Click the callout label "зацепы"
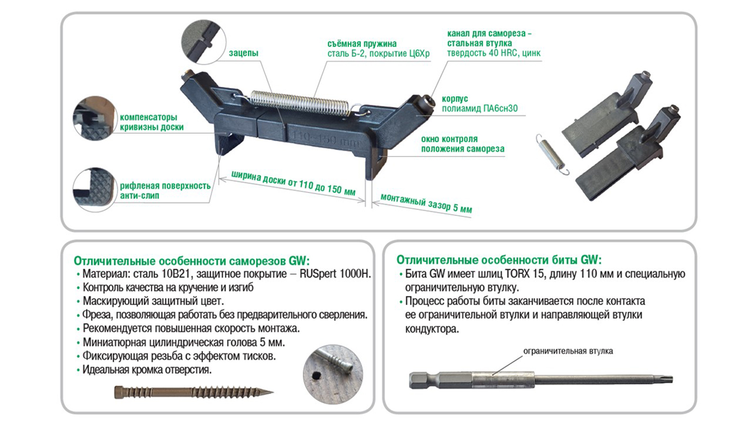pyautogui.click(x=243, y=53)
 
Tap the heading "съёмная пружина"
pyautogui.click(x=362, y=44)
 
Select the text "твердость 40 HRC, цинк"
pyautogui.click(x=494, y=53)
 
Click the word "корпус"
pyautogui.click(x=455, y=99)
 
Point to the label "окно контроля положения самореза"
pyautogui.click(x=463, y=144)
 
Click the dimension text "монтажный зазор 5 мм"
pyautogui.click(x=426, y=203)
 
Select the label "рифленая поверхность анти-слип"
pyautogui.click(x=165, y=190)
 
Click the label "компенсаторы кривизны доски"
pyautogui.click(x=152, y=122)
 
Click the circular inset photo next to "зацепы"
pyautogui.click(x=204, y=42)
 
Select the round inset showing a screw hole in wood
pyautogui.click(x=333, y=373)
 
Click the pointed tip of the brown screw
pyautogui.click(x=273, y=391)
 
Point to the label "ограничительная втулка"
pyautogui.click(x=568, y=351)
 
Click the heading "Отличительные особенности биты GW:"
pyautogui.click(x=499, y=260)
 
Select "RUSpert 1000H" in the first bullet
pyautogui.click(x=335, y=274)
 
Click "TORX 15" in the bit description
pyautogui.click(x=524, y=274)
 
